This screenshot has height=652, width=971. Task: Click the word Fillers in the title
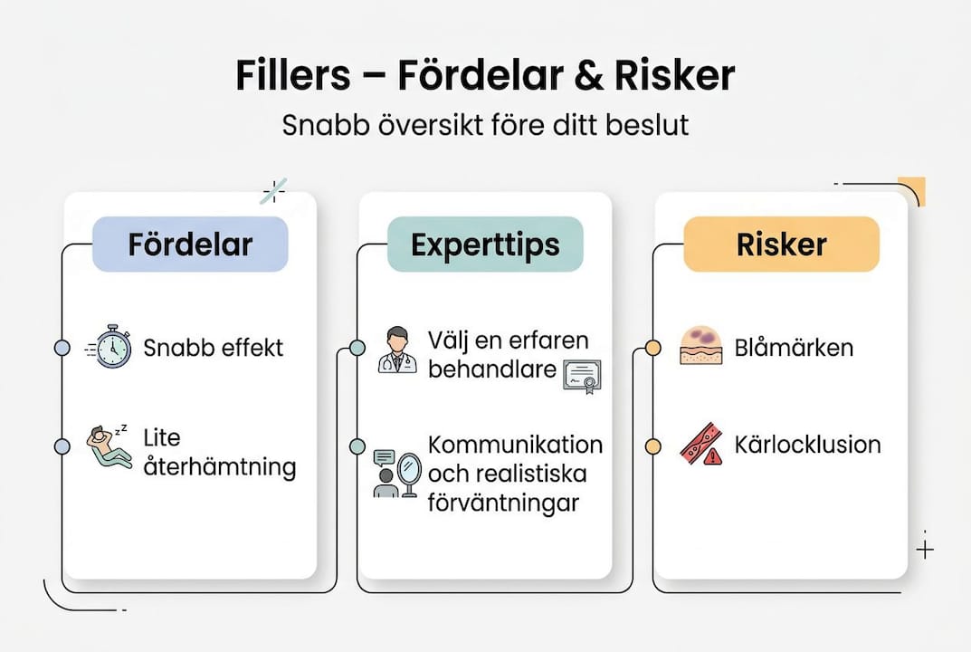(x=292, y=76)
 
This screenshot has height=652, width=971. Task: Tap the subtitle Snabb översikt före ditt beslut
(x=485, y=124)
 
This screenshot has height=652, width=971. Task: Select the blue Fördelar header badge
(x=190, y=244)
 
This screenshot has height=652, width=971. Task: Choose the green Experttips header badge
(x=485, y=244)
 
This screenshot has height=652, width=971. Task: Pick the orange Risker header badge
(x=781, y=244)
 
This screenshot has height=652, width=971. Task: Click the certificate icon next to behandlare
(x=582, y=376)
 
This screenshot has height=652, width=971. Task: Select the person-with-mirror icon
(x=397, y=473)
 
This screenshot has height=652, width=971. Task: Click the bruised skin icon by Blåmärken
(x=700, y=347)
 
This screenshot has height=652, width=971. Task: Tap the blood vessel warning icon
(x=701, y=445)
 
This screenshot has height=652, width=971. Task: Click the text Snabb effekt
(x=214, y=348)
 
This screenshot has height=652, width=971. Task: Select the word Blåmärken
(x=795, y=348)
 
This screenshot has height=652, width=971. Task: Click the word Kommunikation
(x=515, y=446)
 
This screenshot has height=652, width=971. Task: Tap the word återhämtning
(x=220, y=467)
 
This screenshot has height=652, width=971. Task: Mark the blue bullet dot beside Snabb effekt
(x=62, y=348)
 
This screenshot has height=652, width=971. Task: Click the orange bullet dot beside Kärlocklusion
(x=652, y=446)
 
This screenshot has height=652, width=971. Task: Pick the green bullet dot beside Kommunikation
(x=357, y=446)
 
